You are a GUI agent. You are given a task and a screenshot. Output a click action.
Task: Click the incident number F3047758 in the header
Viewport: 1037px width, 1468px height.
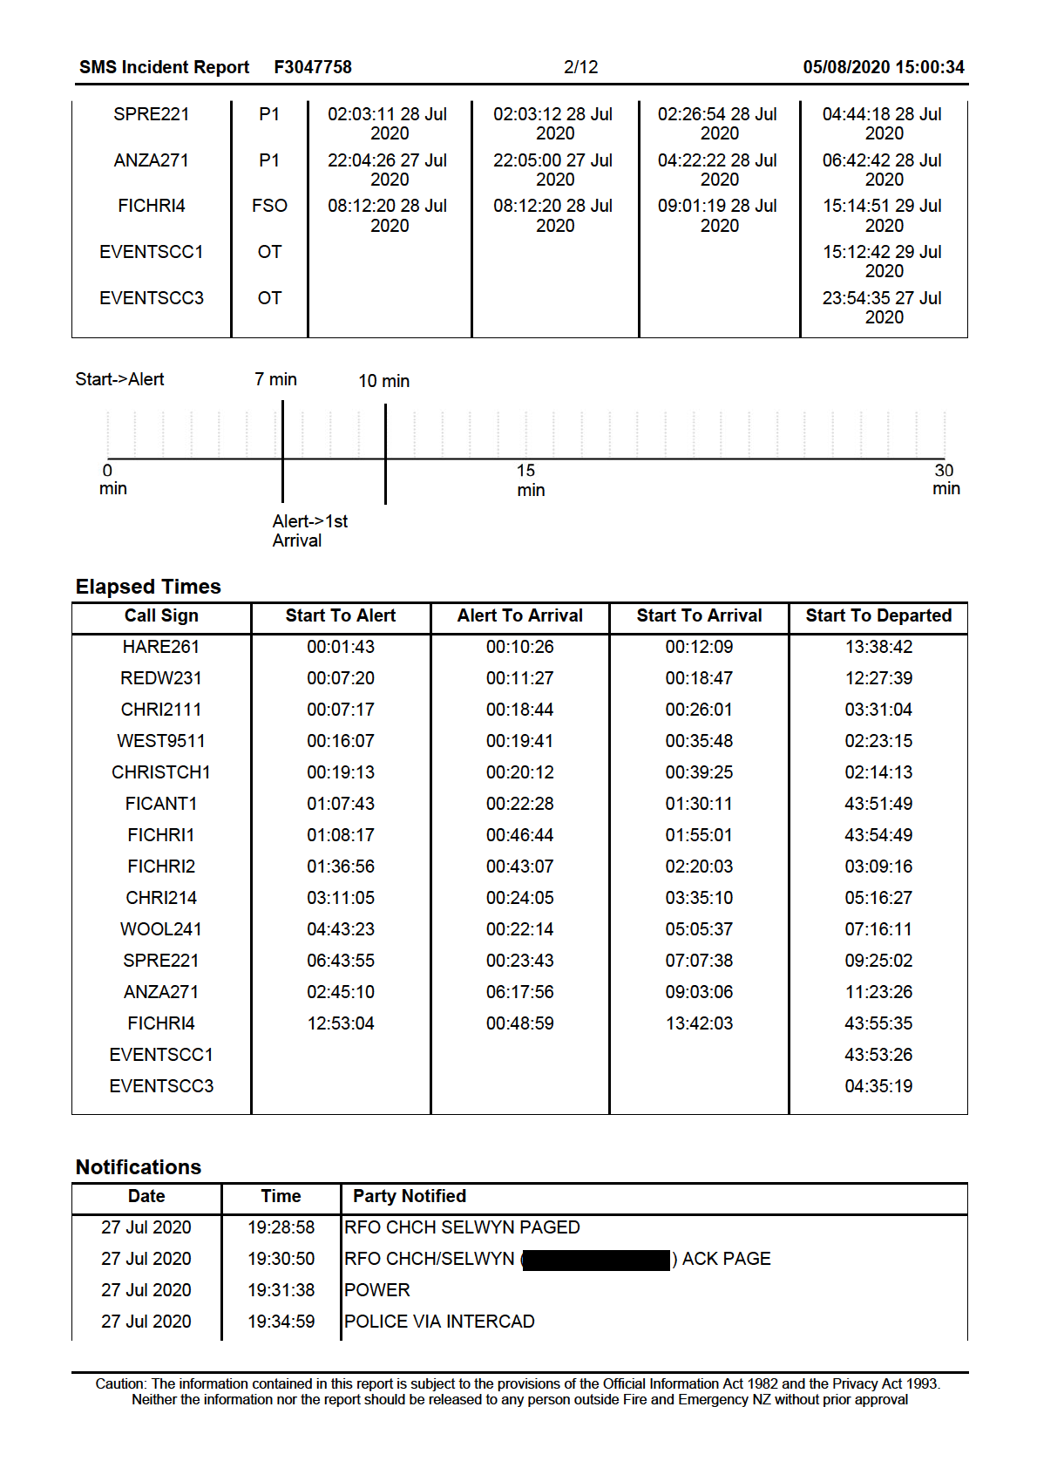[x=313, y=67]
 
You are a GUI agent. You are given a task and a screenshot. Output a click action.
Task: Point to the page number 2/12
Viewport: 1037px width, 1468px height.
[x=580, y=67]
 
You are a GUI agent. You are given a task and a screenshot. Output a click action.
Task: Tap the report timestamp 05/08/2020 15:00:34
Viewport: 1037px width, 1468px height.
[x=883, y=67]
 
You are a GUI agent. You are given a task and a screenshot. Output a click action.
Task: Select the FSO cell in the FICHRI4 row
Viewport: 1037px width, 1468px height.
[x=269, y=206]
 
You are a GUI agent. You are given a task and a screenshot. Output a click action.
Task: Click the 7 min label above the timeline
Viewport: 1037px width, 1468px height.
[x=275, y=379]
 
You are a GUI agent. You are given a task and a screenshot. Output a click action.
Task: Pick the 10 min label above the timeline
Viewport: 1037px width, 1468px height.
[x=383, y=381]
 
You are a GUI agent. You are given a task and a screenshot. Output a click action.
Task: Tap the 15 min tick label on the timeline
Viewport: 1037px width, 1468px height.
[x=528, y=480]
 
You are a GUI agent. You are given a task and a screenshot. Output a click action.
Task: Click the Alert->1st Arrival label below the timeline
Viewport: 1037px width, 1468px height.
[x=309, y=531]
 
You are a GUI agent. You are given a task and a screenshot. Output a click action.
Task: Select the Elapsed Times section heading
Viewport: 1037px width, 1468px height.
[x=148, y=587]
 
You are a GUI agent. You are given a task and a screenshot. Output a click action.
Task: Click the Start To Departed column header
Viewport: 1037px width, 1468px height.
[x=878, y=615]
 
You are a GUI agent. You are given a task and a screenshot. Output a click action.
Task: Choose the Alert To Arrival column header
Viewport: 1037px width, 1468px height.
[x=519, y=615]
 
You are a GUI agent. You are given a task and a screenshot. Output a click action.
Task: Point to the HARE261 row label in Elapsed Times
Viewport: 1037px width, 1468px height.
[x=161, y=647]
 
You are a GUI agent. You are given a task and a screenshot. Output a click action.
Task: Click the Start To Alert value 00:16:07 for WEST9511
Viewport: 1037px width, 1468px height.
[x=340, y=741]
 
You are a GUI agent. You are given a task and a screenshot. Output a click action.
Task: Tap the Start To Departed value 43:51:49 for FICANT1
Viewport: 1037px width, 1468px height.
[x=878, y=804]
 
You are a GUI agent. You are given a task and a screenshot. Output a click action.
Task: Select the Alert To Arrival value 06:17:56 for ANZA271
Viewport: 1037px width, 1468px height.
[x=519, y=992]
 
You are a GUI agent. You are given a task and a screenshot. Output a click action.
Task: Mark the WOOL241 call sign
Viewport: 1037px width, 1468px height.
[x=161, y=929]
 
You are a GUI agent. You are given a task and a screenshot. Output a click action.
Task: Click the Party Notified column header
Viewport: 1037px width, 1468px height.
[x=409, y=1196]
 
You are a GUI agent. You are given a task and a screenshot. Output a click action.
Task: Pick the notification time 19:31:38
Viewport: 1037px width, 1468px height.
[x=281, y=1290]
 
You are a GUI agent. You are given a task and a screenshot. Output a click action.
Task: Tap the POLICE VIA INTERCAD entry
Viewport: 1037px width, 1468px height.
[x=439, y=1322]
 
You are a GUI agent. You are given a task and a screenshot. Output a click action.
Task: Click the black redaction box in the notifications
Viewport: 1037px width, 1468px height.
[x=596, y=1260]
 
